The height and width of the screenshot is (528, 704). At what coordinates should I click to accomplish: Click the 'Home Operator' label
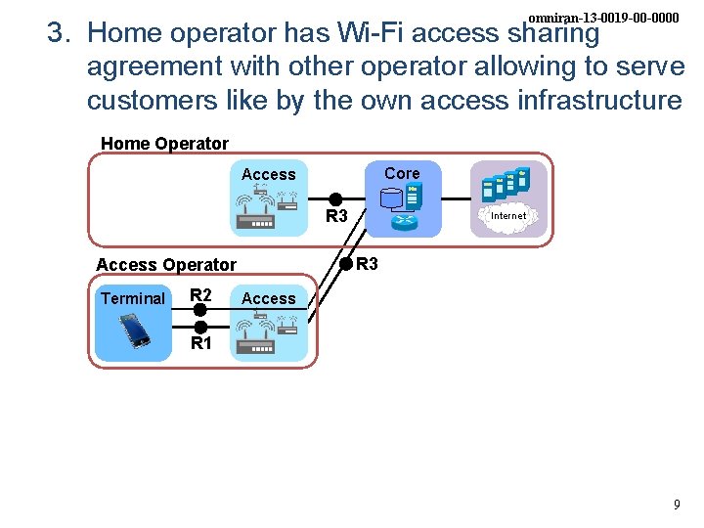click(x=164, y=144)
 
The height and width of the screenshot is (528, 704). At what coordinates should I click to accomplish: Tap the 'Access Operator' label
click(x=166, y=264)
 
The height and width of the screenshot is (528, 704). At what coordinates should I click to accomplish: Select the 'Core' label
click(x=402, y=173)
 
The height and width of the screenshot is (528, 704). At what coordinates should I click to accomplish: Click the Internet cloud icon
click(x=507, y=215)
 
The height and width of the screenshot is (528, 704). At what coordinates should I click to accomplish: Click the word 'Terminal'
click(x=133, y=298)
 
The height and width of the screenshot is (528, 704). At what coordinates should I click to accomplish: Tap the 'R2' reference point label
click(x=200, y=295)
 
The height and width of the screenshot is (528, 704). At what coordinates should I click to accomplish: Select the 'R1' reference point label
click(x=200, y=343)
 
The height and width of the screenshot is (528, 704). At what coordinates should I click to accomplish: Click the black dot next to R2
click(x=200, y=310)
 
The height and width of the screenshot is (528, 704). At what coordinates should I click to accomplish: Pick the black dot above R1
click(x=200, y=327)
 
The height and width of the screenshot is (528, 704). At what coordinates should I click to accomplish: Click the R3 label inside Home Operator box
click(x=336, y=215)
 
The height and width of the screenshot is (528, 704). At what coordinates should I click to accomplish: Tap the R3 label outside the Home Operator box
click(x=367, y=263)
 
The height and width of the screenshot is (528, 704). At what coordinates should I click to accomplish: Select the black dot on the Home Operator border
click(x=345, y=263)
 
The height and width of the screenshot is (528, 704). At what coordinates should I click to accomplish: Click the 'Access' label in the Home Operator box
click(x=268, y=174)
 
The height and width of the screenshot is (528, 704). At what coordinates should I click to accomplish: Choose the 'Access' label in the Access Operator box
click(x=268, y=298)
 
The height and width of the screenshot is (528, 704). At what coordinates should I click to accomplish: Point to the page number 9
click(x=677, y=506)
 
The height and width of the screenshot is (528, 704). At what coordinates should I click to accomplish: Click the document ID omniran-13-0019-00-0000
click(x=603, y=18)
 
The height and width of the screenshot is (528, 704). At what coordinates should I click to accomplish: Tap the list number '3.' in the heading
click(x=63, y=34)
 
